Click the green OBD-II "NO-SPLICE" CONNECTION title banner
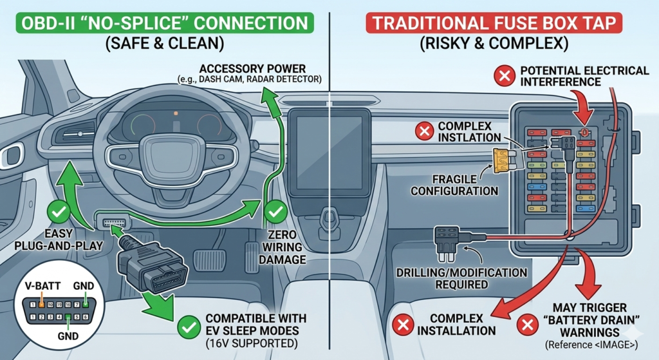163,23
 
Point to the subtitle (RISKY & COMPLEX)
495,46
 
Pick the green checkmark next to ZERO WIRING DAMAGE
277,211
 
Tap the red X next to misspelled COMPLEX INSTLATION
423,133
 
